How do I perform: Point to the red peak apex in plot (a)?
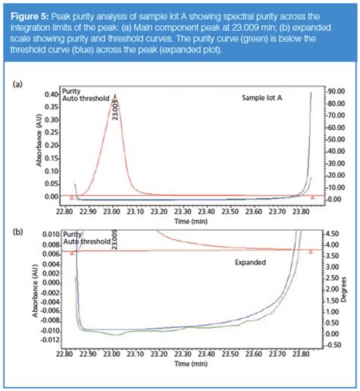click(115, 96)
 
